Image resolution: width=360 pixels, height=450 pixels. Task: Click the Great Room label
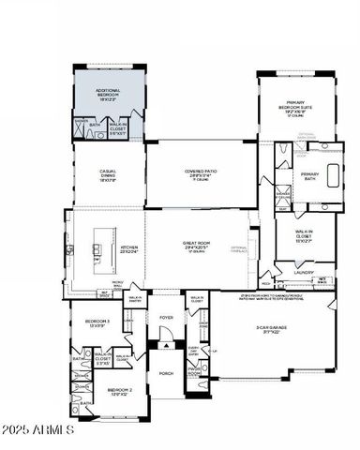(x=198, y=246)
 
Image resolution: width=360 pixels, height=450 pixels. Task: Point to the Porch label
(x=166, y=373)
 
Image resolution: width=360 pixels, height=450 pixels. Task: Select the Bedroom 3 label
(x=97, y=323)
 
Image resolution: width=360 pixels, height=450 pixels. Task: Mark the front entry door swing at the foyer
(x=166, y=346)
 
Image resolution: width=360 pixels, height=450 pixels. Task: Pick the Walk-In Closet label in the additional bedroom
(x=119, y=127)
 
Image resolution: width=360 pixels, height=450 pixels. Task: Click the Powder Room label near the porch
(x=195, y=371)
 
